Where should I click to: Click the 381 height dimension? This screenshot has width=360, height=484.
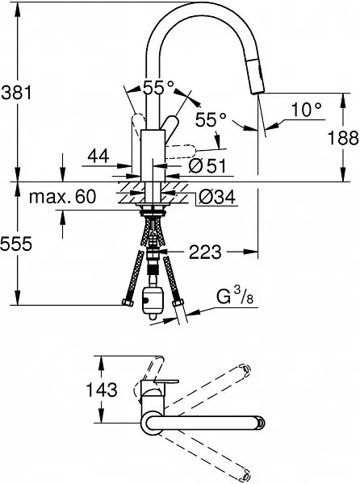pos(16,92)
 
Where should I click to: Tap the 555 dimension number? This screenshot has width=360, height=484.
pos(16,244)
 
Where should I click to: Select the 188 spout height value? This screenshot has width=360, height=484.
pos(343,137)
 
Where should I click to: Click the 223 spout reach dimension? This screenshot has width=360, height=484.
pos(205,252)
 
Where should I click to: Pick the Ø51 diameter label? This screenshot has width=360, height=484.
pos(207,166)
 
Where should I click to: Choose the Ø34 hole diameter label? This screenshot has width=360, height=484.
pos(217,197)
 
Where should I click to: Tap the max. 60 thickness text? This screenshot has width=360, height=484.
pos(62,196)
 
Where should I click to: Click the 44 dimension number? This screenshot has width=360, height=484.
pos(98,156)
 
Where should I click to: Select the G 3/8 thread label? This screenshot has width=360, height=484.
pos(235,296)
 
